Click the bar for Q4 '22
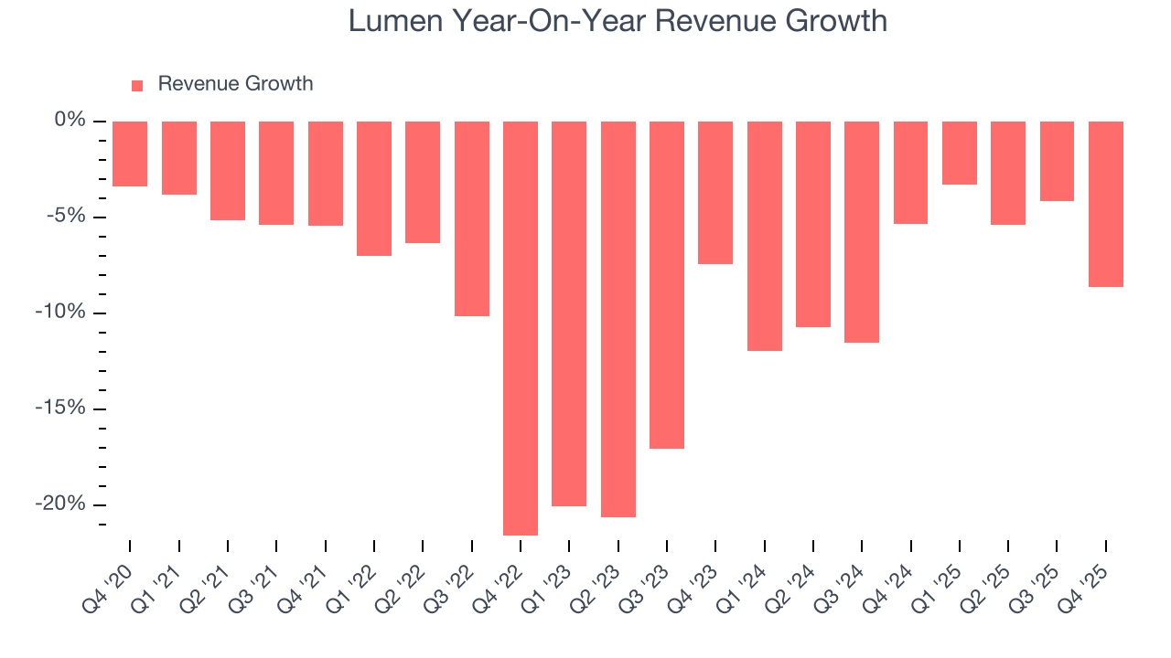[x=521, y=328]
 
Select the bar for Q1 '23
[x=569, y=313]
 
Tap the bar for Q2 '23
[x=618, y=319]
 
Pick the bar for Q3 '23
[x=667, y=285]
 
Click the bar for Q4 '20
[x=130, y=154]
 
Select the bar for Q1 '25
[x=960, y=153]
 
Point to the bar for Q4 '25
[x=1106, y=204]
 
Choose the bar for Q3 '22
[x=472, y=218]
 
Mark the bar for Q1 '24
[x=765, y=236]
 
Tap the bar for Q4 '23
[x=715, y=193]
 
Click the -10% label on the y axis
[x=60, y=313]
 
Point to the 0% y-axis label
[x=70, y=121]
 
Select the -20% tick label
[x=60, y=504]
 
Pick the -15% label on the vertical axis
[x=60, y=409]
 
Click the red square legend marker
[x=137, y=85]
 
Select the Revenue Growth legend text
[x=235, y=84]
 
